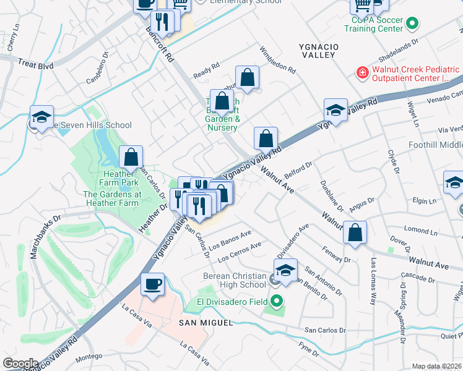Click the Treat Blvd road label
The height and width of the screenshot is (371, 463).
click(x=36, y=63)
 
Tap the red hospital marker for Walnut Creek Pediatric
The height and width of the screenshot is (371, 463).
click(x=363, y=74)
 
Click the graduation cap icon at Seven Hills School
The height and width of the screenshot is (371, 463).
click(x=41, y=117)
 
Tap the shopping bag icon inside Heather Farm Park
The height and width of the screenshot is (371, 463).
click(x=131, y=158)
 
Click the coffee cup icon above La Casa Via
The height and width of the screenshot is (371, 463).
click(x=152, y=285)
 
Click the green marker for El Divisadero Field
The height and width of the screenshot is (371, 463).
click(x=277, y=302)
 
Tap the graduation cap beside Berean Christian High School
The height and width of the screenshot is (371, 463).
click(x=285, y=271)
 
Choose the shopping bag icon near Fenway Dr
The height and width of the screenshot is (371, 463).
click(x=355, y=233)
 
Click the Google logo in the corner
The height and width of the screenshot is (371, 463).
click(x=20, y=364)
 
